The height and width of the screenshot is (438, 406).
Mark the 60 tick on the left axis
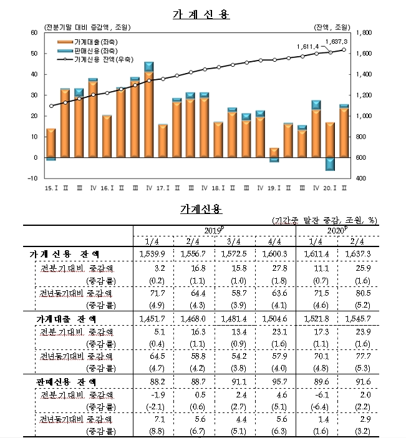34,32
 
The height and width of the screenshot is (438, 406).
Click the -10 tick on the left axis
32,178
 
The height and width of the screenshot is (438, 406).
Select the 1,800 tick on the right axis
364,32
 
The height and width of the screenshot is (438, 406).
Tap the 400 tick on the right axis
360,178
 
